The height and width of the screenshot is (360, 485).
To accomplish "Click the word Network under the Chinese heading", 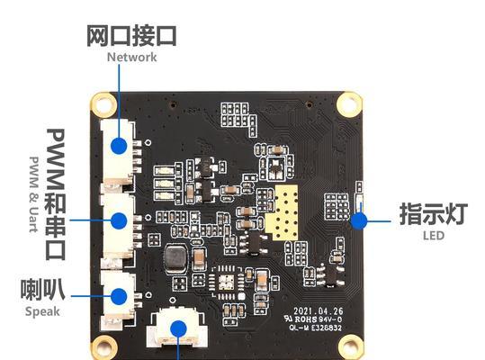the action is tap(131, 58).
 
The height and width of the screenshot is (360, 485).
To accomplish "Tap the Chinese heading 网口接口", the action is tap(131, 36).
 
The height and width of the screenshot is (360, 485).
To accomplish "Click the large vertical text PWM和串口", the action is tap(56, 194).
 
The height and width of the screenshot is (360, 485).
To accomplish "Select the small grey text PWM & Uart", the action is tap(33, 194).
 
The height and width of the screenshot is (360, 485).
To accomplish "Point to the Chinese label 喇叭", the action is tap(42, 290).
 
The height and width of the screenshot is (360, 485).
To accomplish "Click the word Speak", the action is tap(42, 311).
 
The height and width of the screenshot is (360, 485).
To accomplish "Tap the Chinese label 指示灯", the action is tap(434, 213).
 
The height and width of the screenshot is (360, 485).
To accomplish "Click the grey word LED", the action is tap(434, 236).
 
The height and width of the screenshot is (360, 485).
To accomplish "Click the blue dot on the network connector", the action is tap(119, 146).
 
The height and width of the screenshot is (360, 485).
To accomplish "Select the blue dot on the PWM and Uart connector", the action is tap(119, 220).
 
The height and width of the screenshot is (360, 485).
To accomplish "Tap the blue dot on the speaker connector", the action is tap(119, 296).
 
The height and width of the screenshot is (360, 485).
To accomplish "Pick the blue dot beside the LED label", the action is tap(359, 221).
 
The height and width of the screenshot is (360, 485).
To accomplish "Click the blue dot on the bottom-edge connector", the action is tap(178, 328).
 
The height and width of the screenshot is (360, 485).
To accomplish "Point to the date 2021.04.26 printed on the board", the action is tap(318, 311).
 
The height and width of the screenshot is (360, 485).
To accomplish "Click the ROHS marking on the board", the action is tap(306, 319).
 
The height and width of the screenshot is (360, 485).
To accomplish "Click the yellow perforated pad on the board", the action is tap(282, 212).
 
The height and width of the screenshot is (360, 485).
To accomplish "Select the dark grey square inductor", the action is tap(175, 256).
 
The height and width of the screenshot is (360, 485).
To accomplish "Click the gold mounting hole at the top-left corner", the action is tap(104, 103).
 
